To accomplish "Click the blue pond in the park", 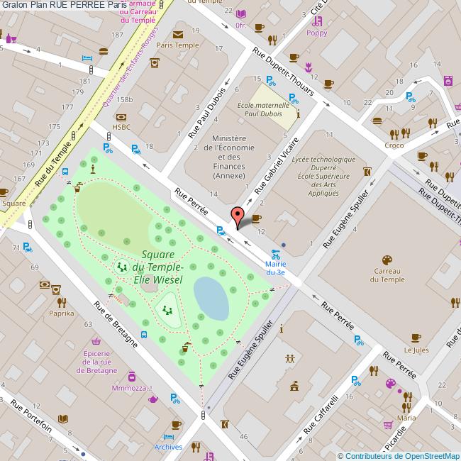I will (x=211, y=296).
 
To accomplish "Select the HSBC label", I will (x=122, y=127).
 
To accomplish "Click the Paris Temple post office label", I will (x=177, y=45).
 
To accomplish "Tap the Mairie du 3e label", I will (x=275, y=267).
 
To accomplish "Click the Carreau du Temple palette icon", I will (x=387, y=260).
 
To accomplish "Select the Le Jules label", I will (x=416, y=350).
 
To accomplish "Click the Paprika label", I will (x=61, y=312).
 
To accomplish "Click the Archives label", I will (x=168, y=447).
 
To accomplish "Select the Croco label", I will (x=394, y=146).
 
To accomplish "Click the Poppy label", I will (x=317, y=33).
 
